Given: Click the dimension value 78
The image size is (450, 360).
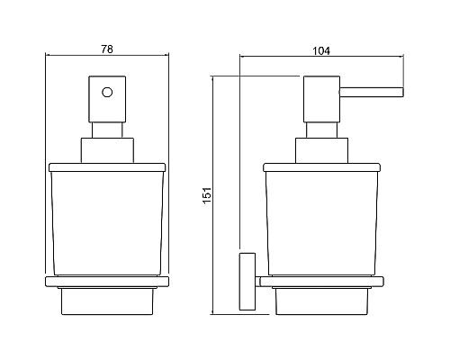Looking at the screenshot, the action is coord(107,49).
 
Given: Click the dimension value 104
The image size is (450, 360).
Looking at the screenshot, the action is coord(321,51).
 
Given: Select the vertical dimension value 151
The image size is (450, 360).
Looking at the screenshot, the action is coord(207,195).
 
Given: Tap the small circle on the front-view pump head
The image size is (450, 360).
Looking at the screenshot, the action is coord(107,92).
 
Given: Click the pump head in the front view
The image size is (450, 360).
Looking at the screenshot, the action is coord(107,99).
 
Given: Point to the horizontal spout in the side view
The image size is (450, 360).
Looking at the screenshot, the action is coord(372,92).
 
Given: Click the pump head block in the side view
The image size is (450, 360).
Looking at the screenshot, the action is coord(321,99).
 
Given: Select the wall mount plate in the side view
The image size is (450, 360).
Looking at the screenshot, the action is coord(247,282).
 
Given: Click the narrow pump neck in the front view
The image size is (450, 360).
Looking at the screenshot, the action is coord(107,130).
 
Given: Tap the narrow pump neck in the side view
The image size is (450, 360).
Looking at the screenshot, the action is coord(321,130).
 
